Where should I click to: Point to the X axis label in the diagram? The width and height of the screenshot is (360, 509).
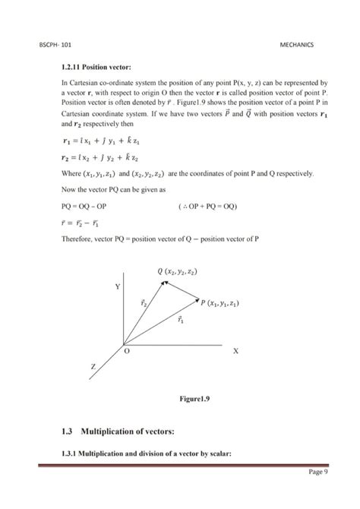point(235,352)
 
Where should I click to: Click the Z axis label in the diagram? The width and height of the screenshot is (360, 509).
point(93,366)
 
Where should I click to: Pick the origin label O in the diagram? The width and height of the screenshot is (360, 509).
point(128,352)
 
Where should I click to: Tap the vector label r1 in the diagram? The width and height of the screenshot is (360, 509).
point(180,320)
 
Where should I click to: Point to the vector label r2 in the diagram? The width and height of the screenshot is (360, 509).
point(144,302)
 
